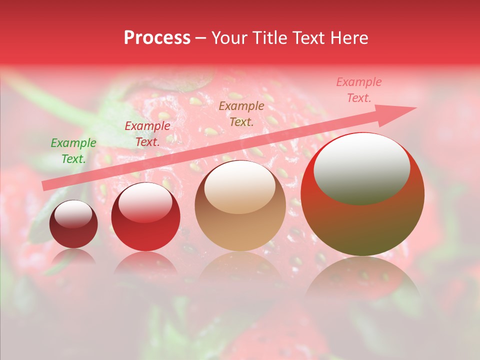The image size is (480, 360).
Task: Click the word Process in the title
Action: click(157, 38)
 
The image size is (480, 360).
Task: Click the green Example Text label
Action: click(73, 151)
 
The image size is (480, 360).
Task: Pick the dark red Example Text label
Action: click(147, 134)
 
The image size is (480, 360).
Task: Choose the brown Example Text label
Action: click(241, 113)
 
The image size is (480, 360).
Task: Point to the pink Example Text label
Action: click(358, 90)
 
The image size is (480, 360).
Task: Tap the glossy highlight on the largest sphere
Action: click(362, 169)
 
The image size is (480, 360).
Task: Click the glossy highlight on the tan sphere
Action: click(240, 187)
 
